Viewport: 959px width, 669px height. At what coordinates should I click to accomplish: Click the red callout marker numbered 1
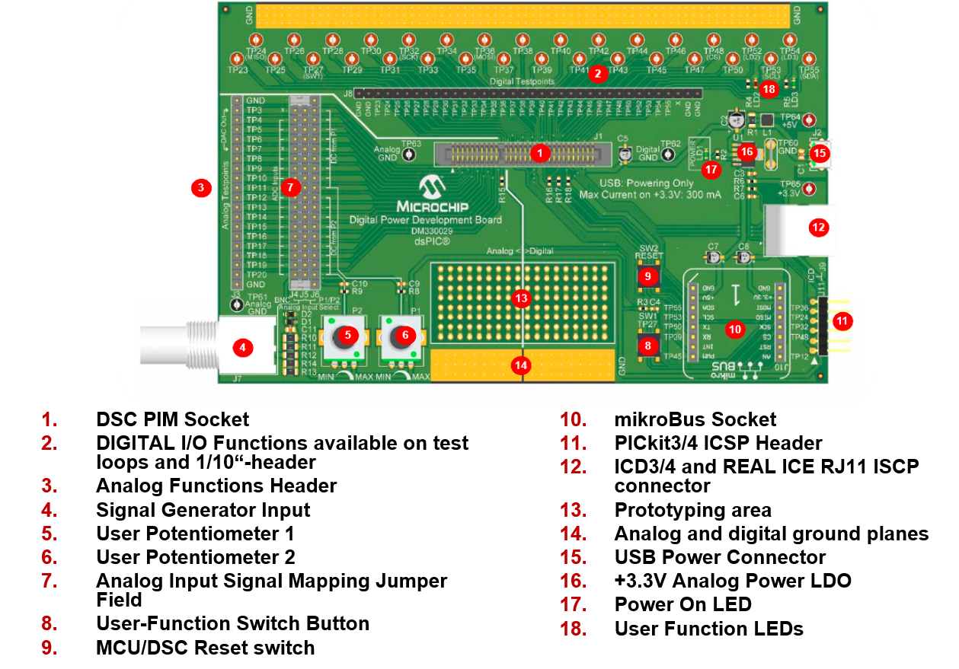click(x=539, y=153)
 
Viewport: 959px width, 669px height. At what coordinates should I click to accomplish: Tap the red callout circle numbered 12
click(x=818, y=226)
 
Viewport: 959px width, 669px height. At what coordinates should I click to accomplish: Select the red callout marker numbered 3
click(x=200, y=187)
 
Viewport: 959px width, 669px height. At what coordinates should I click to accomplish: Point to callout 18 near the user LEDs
click(x=769, y=89)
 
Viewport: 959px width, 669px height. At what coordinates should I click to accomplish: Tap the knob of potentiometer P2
click(x=347, y=334)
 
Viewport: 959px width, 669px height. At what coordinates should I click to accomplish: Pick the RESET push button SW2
click(x=647, y=276)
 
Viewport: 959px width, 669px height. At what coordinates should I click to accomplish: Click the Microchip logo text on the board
click(x=432, y=206)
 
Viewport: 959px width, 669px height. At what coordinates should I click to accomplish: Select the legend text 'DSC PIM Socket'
click(x=172, y=419)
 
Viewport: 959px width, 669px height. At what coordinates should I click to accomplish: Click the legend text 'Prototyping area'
click(x=692, y=510)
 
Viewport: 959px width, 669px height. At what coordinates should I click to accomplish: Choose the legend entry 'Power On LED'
click(x=682, y=604)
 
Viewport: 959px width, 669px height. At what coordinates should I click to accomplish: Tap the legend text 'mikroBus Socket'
click(x=695, y=419)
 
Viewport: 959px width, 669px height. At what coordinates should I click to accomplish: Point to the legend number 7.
click(x=50, y=581)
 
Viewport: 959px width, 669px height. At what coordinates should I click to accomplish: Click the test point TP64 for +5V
click(x=810, y=119)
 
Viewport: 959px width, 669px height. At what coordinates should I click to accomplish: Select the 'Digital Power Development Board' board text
click(x=425, y=220)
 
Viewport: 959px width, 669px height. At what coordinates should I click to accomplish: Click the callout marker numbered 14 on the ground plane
click(x=521, y=365)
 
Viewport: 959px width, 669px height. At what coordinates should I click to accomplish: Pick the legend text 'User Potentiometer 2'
click(x=195, y=557)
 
